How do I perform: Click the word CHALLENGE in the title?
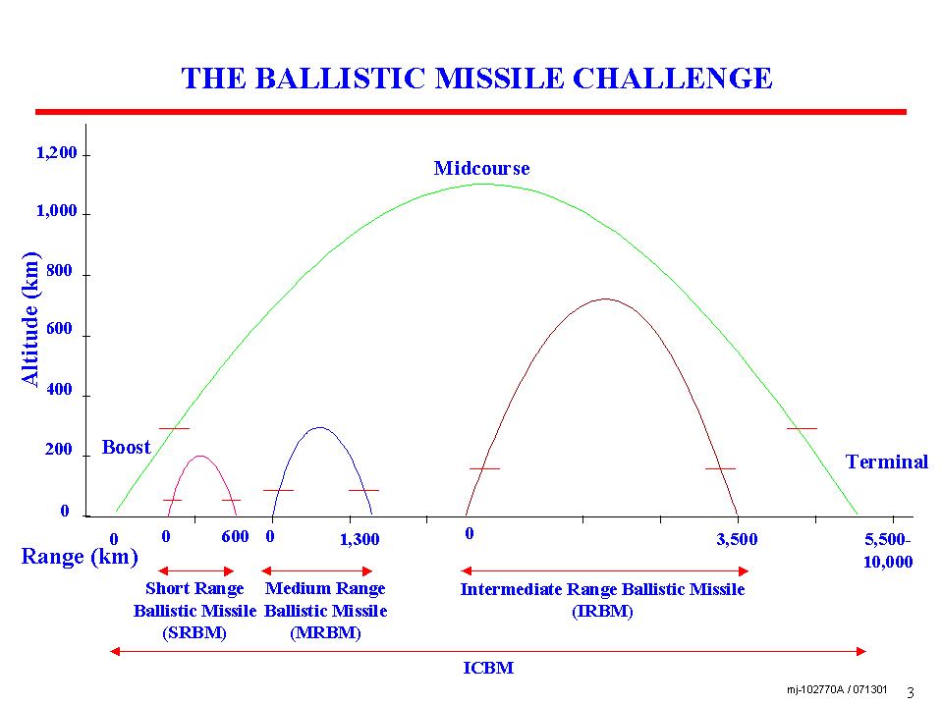(x=672, y=79)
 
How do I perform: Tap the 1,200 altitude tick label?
(x=57, y=154)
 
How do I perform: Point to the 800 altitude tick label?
(x=59, y=271)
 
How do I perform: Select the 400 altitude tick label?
(x=59, y=389)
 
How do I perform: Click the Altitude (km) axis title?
(x=30, y=318)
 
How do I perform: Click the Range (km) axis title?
(x=80, y=557)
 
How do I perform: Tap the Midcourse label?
(x=482, y=168)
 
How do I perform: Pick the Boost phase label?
(x=126, y=447)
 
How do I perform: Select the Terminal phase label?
(x=887, y=462)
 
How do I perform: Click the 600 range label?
(x=235, y=537)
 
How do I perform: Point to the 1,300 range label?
(x=360, y=540)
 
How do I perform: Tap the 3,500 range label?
(x=737, y=540)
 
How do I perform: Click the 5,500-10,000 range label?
(x=888, y=551)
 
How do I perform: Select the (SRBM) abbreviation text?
(x=194, y=632)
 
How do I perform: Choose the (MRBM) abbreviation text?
(x=325, y=632)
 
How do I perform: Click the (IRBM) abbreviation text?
(x=602, y=612)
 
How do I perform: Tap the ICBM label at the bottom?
(x=488, y=668)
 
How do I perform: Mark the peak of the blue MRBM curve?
(x=319, y=427)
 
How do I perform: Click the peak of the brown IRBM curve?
(x=605, y=299)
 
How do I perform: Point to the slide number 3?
(x=911, y=692)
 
